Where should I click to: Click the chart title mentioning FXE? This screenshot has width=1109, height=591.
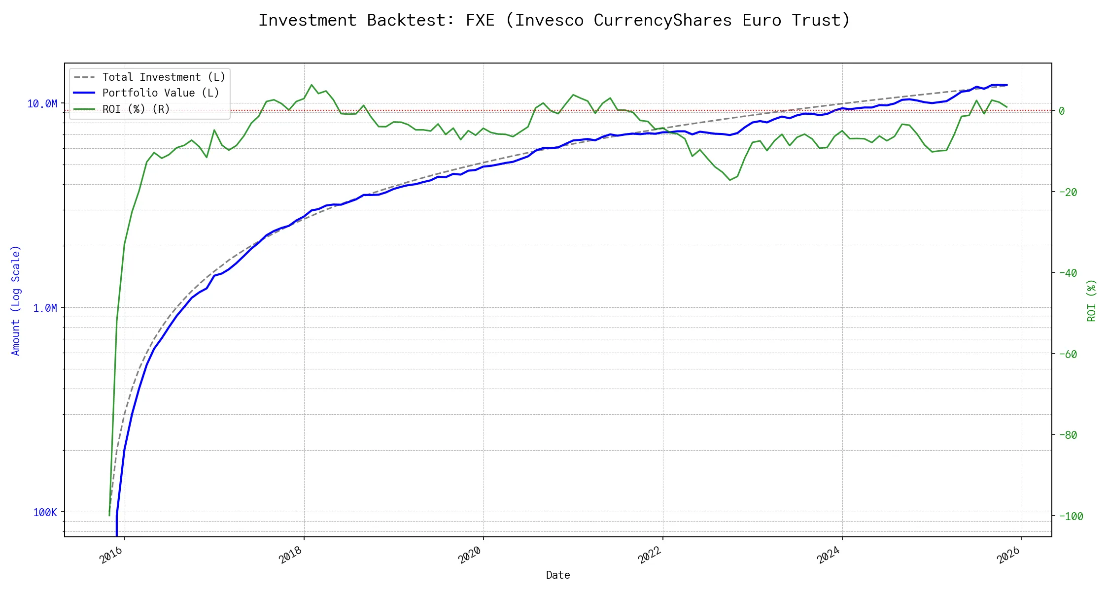click(554, 20)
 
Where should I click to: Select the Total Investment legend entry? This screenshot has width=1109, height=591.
click(164, 77)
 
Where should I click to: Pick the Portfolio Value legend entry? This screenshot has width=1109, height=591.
click(161, 93)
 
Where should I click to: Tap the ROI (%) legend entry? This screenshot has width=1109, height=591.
click(136, 109)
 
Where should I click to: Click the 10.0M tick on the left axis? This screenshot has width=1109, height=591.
click(42, 103)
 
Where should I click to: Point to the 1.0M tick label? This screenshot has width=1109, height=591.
click(45, 308)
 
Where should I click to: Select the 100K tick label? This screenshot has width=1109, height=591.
click(45, 512)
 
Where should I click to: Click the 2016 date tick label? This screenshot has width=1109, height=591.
click(111, 556)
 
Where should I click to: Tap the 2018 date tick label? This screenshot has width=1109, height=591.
click(290, 556)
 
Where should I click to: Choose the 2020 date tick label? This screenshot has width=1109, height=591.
click(470, 556)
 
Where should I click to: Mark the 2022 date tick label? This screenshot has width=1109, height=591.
click(649, 556)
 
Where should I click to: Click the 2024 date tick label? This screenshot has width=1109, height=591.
click(829, 556)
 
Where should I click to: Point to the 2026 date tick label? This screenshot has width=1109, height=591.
click(1008, 556)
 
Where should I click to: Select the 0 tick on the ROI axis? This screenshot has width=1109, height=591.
click(1062, 111)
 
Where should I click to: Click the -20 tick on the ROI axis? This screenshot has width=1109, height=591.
click(1068, 192)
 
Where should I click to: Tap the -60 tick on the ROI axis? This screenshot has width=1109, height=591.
click(1068, 354)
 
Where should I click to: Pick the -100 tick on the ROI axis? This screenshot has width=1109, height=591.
click(1071, 516)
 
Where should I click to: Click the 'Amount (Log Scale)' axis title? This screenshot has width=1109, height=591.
click(16, 300)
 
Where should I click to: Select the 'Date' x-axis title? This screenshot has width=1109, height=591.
click(558, 575)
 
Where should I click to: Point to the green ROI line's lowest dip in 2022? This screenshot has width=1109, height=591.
click(730, 180)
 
